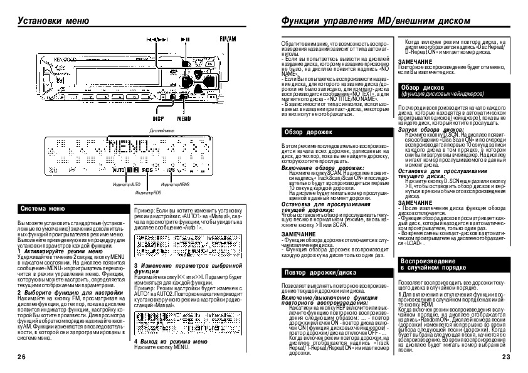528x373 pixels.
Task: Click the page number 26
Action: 21,357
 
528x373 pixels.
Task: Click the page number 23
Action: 507,357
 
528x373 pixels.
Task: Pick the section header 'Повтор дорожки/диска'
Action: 315,273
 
